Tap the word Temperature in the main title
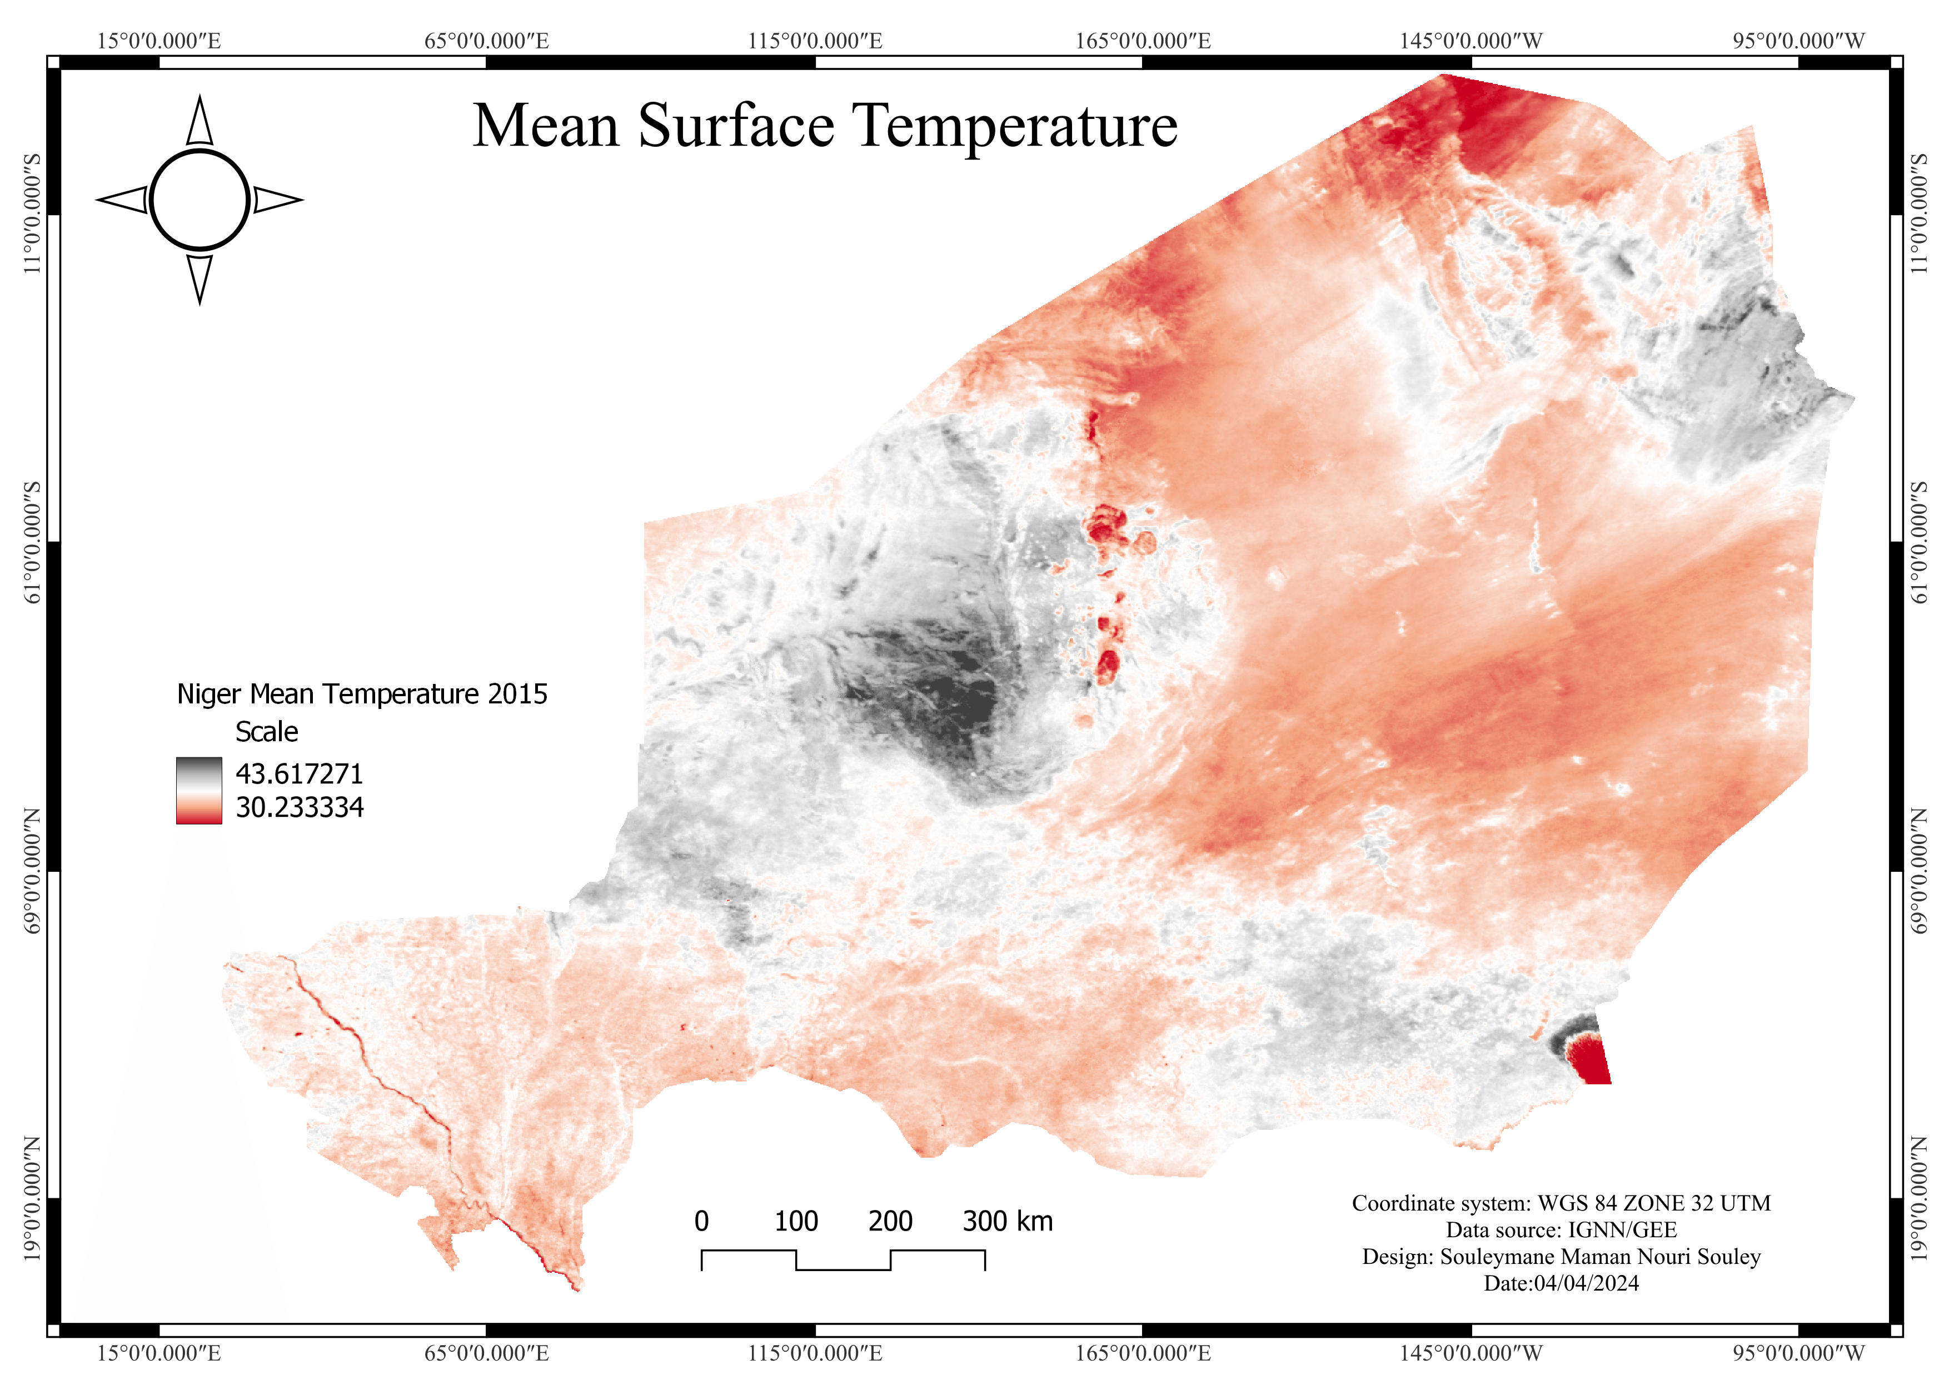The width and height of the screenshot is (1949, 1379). [1014, 127]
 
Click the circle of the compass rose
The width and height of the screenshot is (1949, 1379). [200, 200]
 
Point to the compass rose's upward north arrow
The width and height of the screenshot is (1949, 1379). [200, 121]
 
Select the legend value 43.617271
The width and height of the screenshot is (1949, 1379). [300, 773]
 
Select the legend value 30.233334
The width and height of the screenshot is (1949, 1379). [300, 807]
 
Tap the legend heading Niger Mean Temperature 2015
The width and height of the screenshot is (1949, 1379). [362, 694]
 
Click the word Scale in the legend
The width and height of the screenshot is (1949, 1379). [267, 732]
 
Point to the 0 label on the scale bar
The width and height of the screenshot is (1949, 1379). [701, 1221]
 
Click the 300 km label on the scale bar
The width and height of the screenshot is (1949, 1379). [1008, 1221]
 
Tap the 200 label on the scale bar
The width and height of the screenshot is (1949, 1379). [890, 1221]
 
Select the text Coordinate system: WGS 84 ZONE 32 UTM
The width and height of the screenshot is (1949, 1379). [1561, 1203]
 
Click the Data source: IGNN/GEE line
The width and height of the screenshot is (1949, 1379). [1561, 1229]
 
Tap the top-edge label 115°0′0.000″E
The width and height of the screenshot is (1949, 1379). [815, 41]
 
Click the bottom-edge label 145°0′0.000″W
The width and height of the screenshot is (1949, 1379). [1471, 1353]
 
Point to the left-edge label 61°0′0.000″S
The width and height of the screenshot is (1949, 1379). [32, 543]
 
